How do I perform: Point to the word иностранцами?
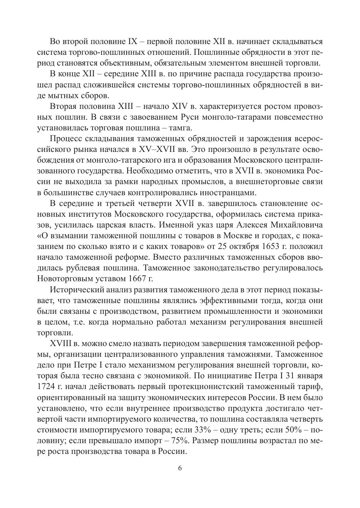232,192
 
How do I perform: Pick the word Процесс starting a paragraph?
63,139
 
